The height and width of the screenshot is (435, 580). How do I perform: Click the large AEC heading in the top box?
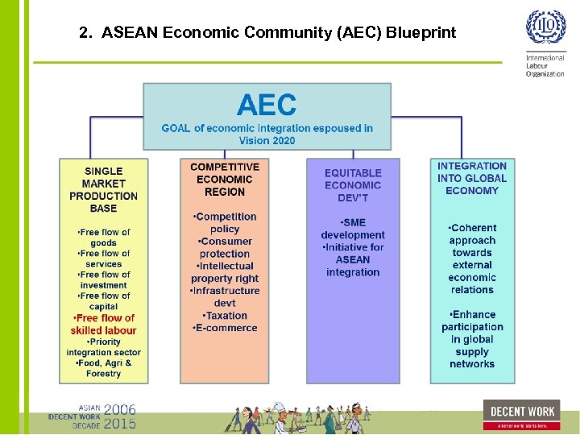coord(267,105)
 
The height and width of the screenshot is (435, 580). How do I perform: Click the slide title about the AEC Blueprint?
coord(267,33)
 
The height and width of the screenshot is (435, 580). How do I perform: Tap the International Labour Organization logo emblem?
coord(545,28)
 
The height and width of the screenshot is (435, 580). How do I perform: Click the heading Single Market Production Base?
coord(103,189)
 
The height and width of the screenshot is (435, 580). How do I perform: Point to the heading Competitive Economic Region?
coord(225,179)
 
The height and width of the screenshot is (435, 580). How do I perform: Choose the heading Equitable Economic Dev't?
coord(353,185)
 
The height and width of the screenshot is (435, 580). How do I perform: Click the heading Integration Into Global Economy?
coord(472,178)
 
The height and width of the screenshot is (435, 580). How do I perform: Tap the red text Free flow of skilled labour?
coord(103,324)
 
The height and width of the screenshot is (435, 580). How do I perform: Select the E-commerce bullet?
coord(225,328)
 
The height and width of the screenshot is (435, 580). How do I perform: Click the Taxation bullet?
coord(225,316)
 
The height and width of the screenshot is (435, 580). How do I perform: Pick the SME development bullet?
coord(353,229)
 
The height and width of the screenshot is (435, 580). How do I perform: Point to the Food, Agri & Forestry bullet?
coord(103,368)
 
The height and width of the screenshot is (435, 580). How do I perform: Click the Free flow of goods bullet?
coord(103,237)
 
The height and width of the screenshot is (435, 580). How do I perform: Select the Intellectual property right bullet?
coord(225,272)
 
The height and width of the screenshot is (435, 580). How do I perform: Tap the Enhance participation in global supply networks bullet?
coord(472,339)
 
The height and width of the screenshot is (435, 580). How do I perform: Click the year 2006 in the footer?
coord(120,408)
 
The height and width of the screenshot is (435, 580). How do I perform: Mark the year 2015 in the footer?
coord(120,423)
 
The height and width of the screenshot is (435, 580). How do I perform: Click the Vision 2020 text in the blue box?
coord(267,140)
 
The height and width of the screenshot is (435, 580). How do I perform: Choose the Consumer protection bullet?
coord(225,247)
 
